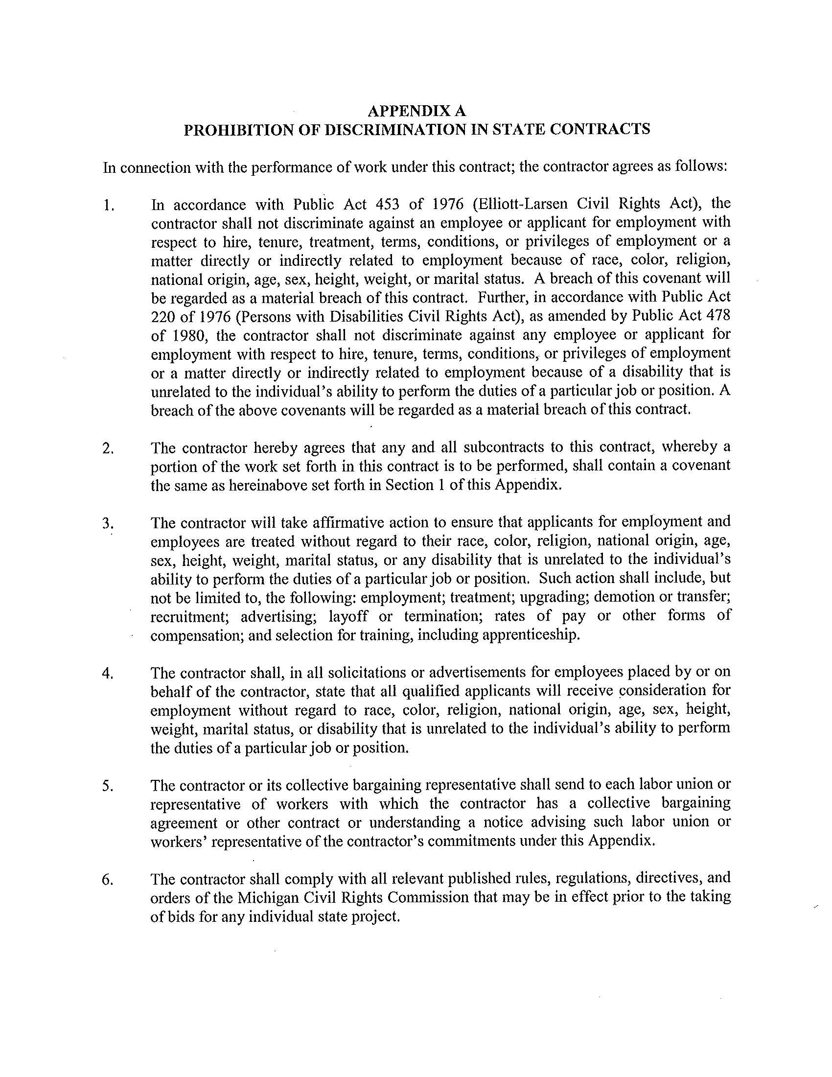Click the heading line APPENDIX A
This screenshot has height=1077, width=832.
(417, 110)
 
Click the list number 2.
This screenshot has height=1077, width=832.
(108, 448)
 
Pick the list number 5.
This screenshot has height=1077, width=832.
(108, 786)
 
